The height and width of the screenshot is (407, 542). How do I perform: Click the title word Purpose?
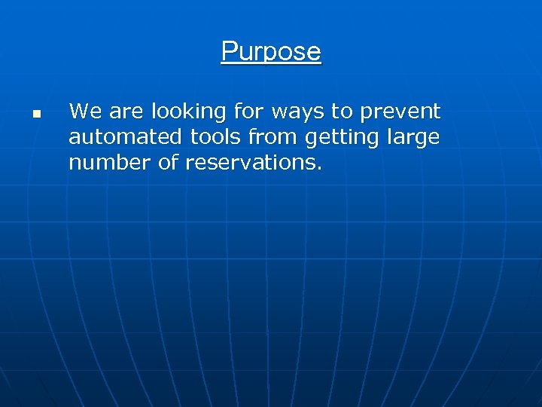271,51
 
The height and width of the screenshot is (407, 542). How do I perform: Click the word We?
85,112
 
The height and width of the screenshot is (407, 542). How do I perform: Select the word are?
126,112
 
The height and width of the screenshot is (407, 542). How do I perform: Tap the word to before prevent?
343,112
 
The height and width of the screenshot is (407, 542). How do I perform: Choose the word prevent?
400,112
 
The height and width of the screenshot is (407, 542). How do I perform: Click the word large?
413,137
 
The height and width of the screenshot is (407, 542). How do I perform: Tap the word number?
104,163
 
